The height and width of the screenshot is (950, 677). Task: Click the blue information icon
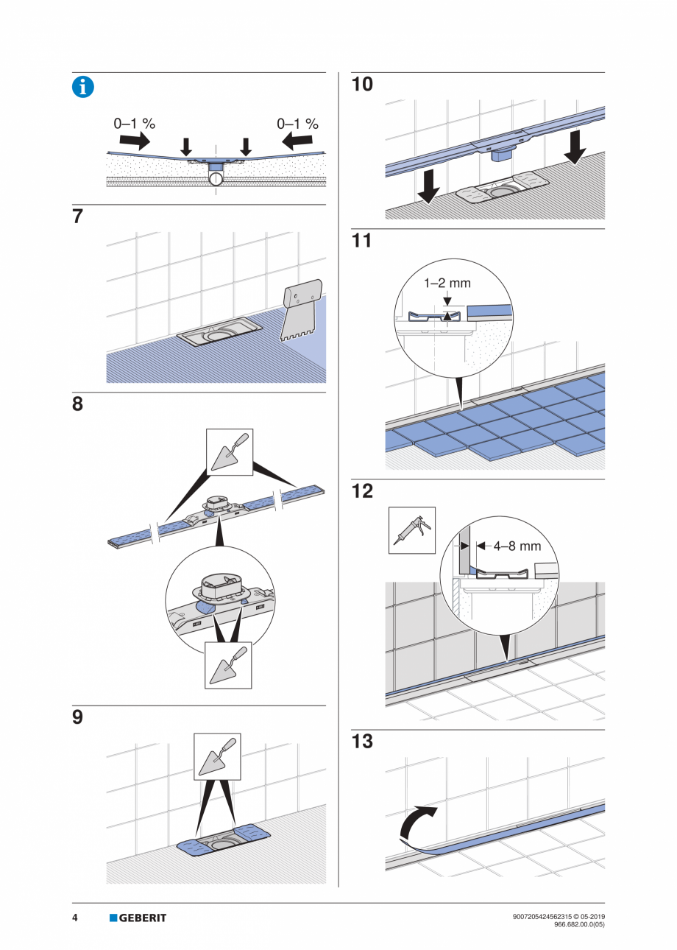point(82,87)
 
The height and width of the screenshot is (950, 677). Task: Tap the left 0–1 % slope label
point(134,124)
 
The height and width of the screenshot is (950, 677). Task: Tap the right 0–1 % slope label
point(297,124)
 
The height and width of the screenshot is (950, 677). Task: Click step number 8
point(77,404)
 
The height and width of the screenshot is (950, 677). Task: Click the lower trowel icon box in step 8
point(228,665)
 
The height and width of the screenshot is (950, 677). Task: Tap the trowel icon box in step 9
point(217,756)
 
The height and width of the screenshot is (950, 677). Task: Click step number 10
point(362,85)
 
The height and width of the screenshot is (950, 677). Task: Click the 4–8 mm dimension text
point(517,546)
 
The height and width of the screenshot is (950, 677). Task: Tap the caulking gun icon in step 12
point(412,530)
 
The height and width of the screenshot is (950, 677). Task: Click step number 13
point(362,742)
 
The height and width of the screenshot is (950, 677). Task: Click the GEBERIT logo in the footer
point(138,918)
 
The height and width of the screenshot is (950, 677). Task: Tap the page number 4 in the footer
point(75,918)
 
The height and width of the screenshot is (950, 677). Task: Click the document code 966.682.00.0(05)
point(578,923)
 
